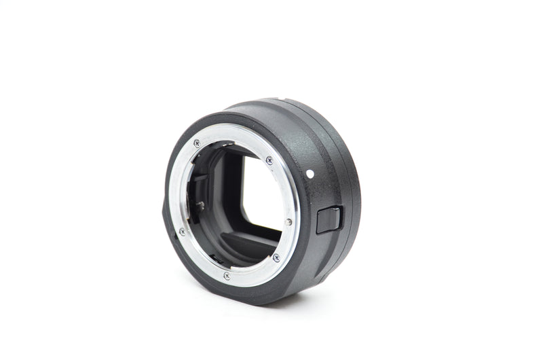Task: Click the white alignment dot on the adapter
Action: (310, 173)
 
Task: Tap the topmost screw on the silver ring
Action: (197, 143)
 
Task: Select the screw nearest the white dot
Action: (269, 160)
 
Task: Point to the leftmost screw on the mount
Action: (181, 232)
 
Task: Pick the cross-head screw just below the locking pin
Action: (276, 257)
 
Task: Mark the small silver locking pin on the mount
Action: (289, 221)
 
